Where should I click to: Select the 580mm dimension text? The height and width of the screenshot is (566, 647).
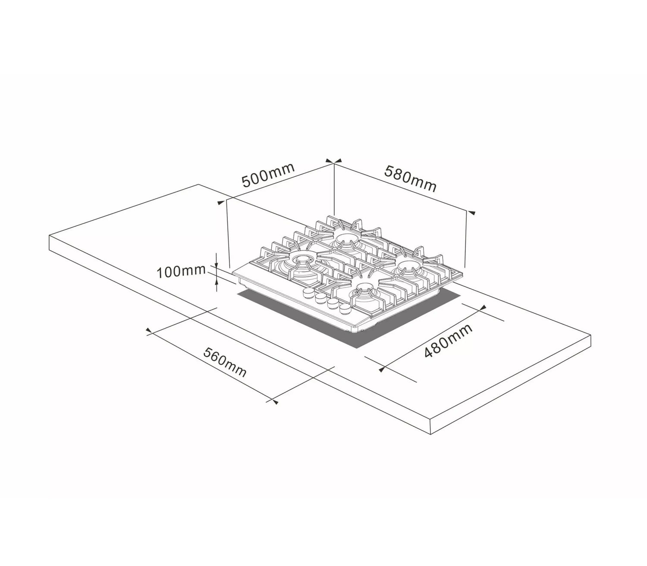[x=410, y=179]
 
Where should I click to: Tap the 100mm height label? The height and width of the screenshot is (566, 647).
[x=181, y=272]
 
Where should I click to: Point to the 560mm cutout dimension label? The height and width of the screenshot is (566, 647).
[x=224, y=362]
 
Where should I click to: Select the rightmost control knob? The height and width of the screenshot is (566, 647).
[x=344, y=309]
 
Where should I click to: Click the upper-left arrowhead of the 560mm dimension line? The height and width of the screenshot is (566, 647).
[x=149, y=331]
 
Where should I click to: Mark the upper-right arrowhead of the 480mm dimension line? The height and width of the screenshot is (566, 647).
[x=483, y=308]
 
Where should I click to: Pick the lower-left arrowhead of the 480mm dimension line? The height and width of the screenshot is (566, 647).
[x=382, y=369]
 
